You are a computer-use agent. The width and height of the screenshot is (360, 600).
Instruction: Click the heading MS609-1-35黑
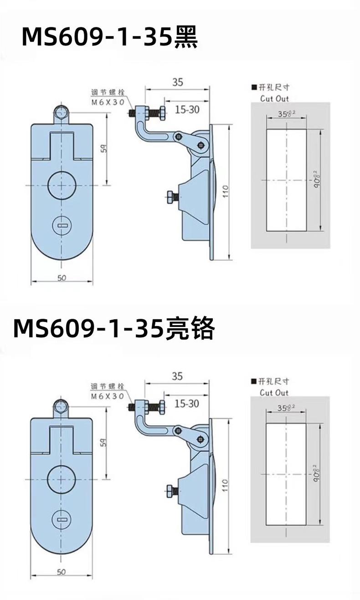110,37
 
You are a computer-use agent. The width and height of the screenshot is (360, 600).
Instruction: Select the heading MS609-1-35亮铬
113,328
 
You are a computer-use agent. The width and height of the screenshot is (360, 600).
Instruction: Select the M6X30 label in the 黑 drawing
108,102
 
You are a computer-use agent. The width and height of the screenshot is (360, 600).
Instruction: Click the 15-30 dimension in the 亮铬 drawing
186,403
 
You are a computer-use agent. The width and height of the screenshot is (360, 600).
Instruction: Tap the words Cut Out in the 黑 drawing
274,98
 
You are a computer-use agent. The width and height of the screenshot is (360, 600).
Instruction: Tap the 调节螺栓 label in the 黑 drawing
108,93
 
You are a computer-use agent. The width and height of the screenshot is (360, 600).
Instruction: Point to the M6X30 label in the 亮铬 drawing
108,396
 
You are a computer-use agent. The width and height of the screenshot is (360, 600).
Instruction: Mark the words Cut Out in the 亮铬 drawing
274,393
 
